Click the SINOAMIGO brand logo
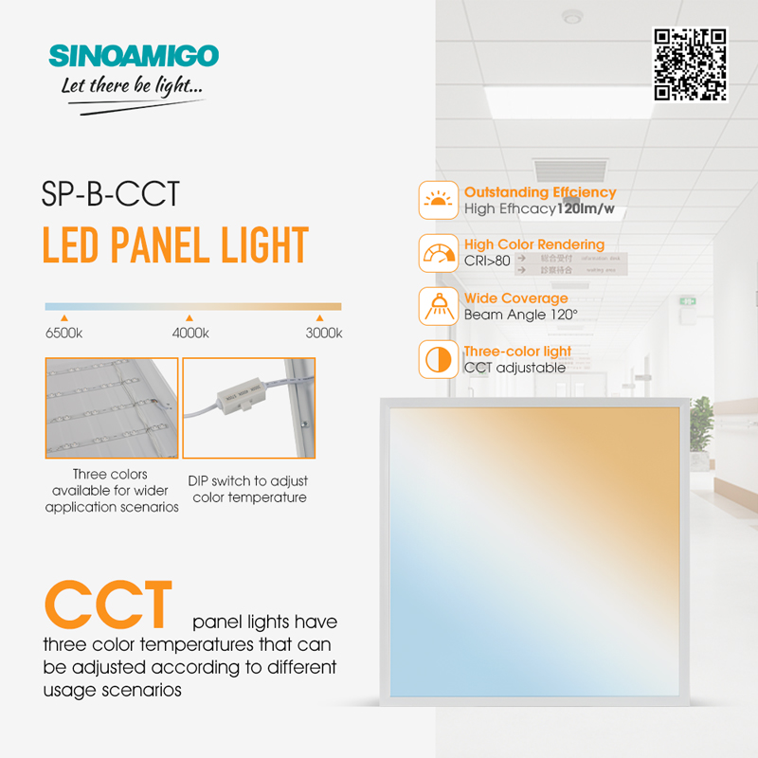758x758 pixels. (134, 56)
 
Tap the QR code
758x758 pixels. (690, 64)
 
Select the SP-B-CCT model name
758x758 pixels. (110, 194)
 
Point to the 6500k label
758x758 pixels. (63, 334)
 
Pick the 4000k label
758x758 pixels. (190, 334)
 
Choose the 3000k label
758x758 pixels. (324, 334)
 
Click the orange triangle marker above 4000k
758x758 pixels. (189, 318)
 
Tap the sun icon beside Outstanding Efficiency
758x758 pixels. (439, 200)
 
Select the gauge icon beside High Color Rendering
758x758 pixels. (439, 253)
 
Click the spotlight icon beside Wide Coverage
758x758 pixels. (439, 306)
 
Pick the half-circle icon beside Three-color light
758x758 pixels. (439, 360)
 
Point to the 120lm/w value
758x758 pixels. (586, 208)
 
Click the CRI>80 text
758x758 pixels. (487, 262)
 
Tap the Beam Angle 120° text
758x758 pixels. (521, 315)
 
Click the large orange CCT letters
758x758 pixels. (108, 605)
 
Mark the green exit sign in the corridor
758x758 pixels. (688, 301)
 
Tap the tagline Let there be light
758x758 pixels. (132, 86)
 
